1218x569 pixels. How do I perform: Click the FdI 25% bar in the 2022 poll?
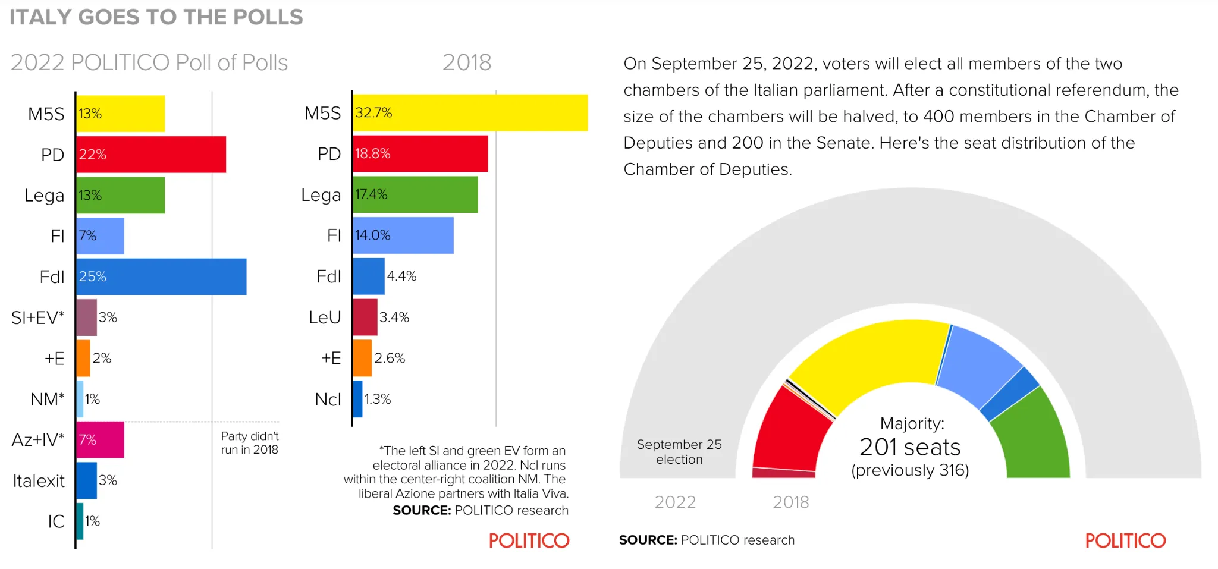click(161, 276)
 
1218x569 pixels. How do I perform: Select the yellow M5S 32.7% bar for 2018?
click(470, 112)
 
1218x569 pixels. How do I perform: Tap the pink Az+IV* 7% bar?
click(100, 439)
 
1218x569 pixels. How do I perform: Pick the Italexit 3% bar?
click(87, 480)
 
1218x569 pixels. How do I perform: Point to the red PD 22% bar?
click(151, 155)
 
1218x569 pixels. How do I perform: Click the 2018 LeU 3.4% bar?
click(365, 317)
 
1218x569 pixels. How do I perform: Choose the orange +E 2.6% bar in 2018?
click(362, 358)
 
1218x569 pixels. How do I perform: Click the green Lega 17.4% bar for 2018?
click(415, 194)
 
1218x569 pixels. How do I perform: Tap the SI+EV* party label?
click(37, 317)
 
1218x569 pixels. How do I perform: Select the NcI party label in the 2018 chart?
click(328, 400)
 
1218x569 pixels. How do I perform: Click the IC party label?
click(56, 521)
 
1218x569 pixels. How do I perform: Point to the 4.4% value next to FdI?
click(401, 276)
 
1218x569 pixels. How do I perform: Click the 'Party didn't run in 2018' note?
click(250, 443)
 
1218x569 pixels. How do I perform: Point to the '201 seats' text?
click(910, 447)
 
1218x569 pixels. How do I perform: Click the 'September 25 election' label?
click(679, 452)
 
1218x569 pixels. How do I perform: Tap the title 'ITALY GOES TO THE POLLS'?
click(156, 17)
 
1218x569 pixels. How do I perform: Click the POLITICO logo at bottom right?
click(1125, 540)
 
